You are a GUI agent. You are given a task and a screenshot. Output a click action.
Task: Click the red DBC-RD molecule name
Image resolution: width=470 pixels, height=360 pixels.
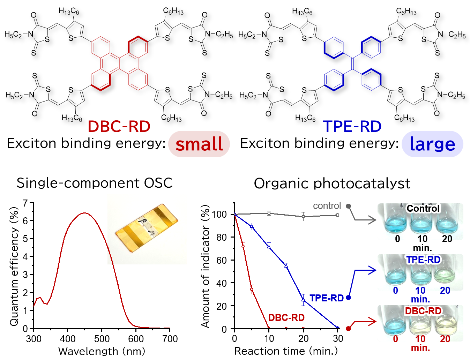click(119, 126)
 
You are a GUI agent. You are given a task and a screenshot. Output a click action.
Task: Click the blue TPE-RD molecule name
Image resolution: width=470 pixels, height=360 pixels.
click(352, 126)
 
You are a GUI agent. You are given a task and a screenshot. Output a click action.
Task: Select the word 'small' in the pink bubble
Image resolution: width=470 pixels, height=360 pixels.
click(199, 144)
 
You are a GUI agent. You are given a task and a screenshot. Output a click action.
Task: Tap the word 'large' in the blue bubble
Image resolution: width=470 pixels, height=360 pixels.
click(432, 144)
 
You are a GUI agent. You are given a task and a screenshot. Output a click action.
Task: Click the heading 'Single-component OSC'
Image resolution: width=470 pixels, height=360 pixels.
click(95, 183)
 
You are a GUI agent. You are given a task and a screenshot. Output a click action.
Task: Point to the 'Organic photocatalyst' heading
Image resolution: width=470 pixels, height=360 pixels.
click(332, 183)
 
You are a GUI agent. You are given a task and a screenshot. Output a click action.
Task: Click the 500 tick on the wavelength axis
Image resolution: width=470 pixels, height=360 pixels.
click(102, 338)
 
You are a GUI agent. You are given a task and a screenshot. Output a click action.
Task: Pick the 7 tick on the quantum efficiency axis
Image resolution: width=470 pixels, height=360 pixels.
click(25, 203)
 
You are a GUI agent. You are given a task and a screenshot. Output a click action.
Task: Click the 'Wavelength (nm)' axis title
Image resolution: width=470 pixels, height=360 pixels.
click(102, 351)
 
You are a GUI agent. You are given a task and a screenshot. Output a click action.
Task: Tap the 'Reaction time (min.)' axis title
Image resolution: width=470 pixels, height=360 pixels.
click(286, 351)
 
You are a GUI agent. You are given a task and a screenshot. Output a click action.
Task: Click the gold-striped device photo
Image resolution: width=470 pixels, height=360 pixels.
click(147, 228)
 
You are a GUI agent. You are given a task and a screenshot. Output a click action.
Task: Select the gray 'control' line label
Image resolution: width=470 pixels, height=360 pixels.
click(327, 206)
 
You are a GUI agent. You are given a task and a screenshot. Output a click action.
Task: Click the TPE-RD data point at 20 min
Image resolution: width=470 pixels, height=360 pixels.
click(304, 300)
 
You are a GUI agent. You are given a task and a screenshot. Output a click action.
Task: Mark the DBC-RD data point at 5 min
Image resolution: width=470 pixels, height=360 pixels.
click(252, 289)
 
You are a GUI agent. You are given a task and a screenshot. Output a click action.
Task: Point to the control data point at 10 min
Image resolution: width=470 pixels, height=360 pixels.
click(269, 213)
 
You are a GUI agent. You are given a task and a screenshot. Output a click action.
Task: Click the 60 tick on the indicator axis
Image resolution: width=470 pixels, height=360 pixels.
click(221, 260)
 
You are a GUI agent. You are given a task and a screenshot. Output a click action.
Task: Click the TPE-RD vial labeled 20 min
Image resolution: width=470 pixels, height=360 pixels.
click(445, 274)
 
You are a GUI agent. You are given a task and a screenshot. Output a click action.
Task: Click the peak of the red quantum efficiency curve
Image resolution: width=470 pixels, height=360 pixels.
click(85, 213)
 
